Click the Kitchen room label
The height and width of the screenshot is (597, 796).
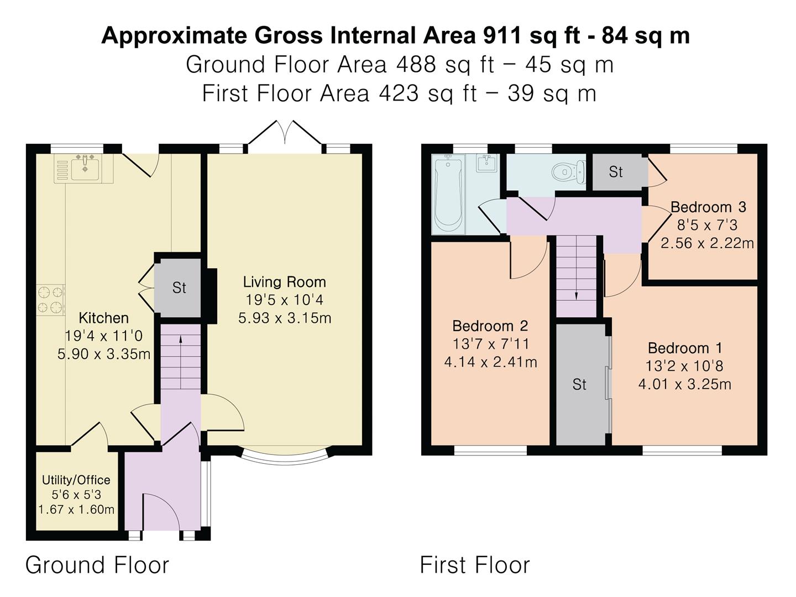(104, 318)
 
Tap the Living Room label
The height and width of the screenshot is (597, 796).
(284, 282)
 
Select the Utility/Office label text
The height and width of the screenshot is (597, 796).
(76, 480)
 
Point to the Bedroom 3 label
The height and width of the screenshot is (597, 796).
(708, 207)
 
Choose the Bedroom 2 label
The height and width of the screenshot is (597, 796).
(490, 326)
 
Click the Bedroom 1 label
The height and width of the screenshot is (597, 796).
(685, 348)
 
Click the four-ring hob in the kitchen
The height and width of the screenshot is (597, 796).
(51, 300)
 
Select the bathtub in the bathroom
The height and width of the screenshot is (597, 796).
(448, 195)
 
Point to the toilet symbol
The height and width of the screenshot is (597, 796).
(569, 172)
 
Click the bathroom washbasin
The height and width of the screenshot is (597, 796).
(486, 164)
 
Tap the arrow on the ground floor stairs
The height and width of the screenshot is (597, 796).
(181, 362)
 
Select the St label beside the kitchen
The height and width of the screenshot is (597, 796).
(179, 288)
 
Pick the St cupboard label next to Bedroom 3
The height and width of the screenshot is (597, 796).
(616, 172)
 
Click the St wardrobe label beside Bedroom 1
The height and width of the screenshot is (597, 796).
(579, 385)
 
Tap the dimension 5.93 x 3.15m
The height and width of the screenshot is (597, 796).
(285, 318)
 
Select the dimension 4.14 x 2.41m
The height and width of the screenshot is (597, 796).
(490, 362)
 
